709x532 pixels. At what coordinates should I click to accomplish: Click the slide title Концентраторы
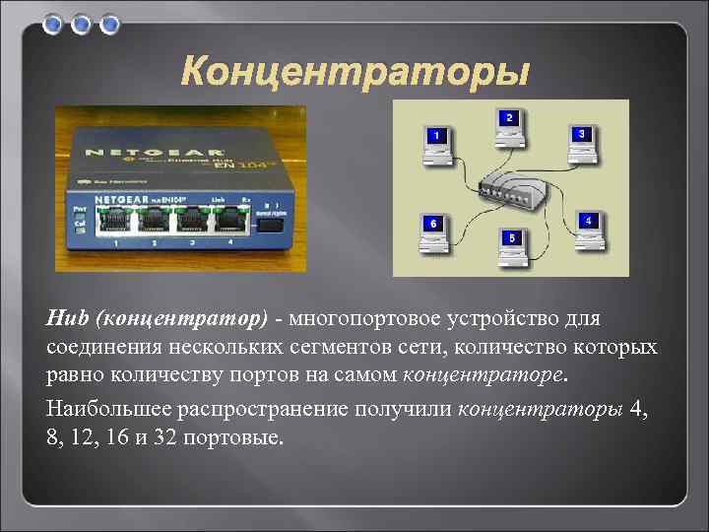[x=355, y=72]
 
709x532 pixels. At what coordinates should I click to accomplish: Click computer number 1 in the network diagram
[x=436, y=141]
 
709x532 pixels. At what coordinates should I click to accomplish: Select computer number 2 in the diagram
[x=508, y=124]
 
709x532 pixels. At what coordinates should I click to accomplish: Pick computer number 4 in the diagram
[x=586, y=228]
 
